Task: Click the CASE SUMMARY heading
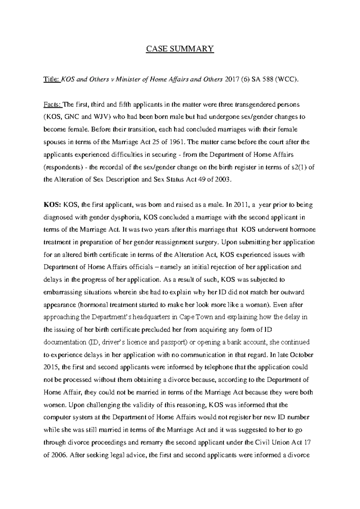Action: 180,49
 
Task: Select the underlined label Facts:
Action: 52,105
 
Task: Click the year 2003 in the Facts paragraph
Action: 223,180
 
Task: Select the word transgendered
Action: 253,105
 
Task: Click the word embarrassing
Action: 61,292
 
